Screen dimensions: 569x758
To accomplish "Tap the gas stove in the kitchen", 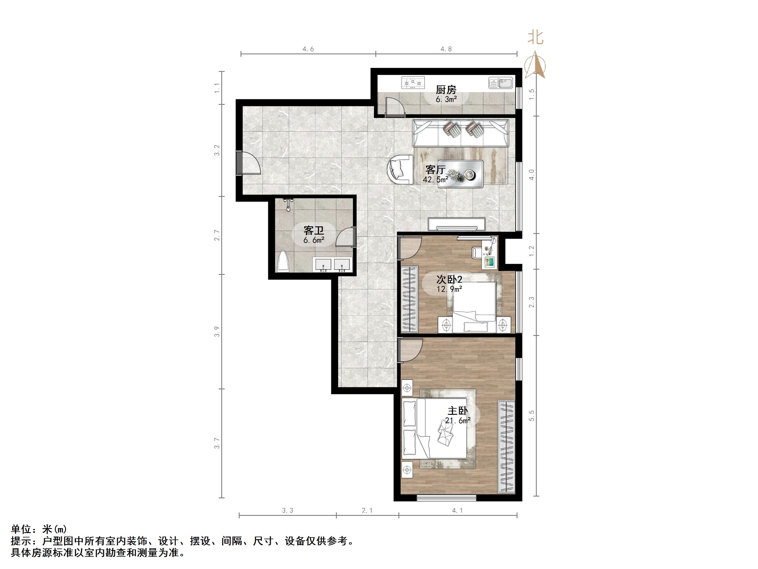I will (413, 83).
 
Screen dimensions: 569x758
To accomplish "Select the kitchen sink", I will (501, 83).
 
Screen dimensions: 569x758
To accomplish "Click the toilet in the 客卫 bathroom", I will (283, 262).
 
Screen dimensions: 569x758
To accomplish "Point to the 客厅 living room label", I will (435, 170).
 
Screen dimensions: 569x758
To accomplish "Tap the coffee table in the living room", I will (461, 174).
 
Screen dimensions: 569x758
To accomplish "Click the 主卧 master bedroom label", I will (457, 411).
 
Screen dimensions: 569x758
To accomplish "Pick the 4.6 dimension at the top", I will (308, 49).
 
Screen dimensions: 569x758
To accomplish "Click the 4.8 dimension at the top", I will (446, 49).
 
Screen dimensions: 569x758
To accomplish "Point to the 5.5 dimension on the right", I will (532, 416).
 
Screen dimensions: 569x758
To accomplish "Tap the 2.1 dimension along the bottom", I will (367, 510).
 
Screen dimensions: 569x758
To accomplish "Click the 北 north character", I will (535, 37).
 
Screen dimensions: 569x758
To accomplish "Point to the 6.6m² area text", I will (313, 240).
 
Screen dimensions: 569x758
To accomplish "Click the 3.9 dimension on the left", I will (217, 332).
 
